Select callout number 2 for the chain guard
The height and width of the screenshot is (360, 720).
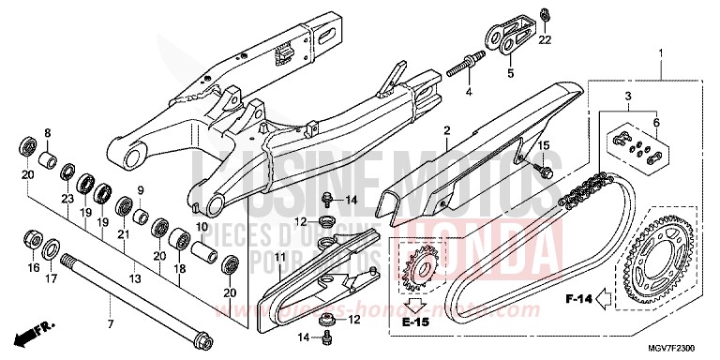tap(448, 131)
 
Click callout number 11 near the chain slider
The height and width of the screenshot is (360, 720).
tap(279, 231)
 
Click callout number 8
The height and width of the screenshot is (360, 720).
tap(48, 133)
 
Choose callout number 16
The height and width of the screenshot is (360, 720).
tap(34, 266)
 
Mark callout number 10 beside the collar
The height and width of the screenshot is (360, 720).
tap(202, 227)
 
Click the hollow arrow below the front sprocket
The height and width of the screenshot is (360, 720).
tap(412, 304)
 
